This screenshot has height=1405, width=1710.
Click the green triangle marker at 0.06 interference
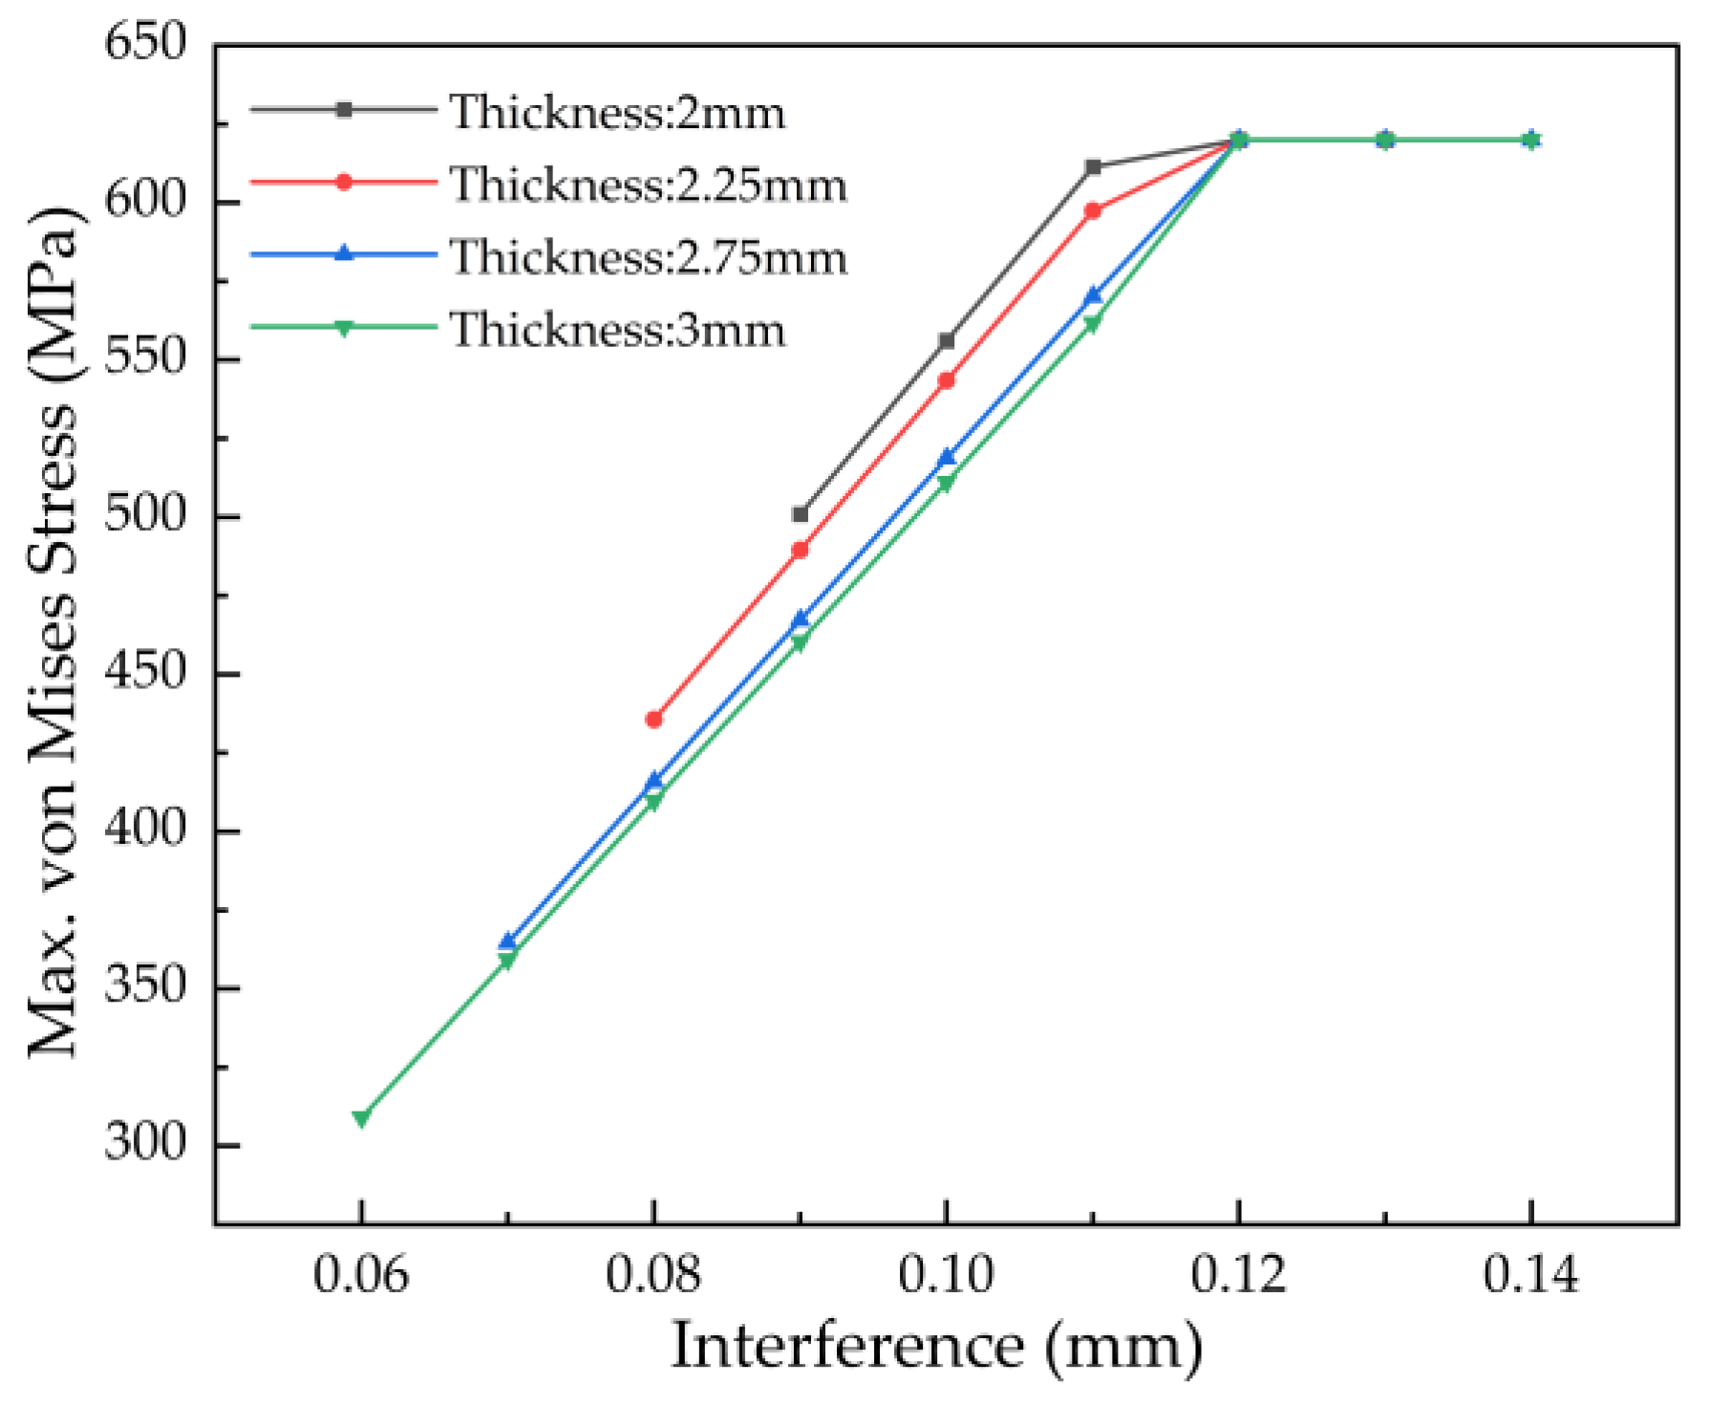point(361,1117)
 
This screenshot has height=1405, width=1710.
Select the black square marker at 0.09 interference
point(801,514)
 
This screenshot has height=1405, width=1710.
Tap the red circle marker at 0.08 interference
point(653,720)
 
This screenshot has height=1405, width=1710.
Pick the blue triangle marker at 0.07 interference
point(507,942)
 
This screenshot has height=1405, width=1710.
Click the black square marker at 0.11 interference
point(1093,167)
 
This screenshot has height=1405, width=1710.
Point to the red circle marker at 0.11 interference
point(1093,210)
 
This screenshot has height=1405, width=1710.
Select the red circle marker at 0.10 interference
point(947,380)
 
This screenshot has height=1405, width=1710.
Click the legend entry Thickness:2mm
point(617,112)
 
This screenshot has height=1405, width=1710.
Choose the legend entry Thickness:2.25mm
point(648,184)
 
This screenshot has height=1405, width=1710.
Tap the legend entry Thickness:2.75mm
point(648,257)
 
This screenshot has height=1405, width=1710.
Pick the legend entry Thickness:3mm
point(617,330)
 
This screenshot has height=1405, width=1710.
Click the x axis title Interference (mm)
point(936,1346)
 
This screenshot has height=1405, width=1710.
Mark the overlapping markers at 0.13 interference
point(1384,140)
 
